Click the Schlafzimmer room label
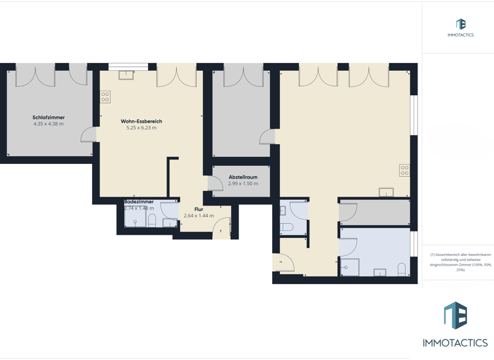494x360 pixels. pyautogui.click(x=48, y=118)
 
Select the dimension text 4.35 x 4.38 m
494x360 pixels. pyautogui.click(x=48, y=124)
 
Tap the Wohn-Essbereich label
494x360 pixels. pyautogui.click(x=141, y=122)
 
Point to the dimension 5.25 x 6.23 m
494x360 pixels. pyautogui.click(x=141, y=128)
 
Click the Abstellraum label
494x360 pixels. pyautogui.click(x=242, y=177)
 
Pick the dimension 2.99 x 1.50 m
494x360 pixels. pyautogui.click(x=242, y=184)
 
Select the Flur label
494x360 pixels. pyautogui.click(x=198, y=210)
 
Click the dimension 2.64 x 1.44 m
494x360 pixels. pyautogui.click(x=198, y=216)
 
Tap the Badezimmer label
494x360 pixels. pyautogui.click(x=138, y=202)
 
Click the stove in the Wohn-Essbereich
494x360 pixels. pyautogui.click(x=105, y=97)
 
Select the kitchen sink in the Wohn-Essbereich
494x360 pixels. pyautogui.click(x=126, y=75)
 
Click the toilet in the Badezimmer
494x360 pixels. pyautogui.click(x=152, y=221)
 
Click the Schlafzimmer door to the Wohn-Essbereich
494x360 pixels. pyautogui.click(x=89, y=134)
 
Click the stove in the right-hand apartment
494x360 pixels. pyautogui.click(x=405, y=170)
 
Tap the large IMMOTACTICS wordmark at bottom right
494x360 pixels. pyautogui.click(x=455, y=343)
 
